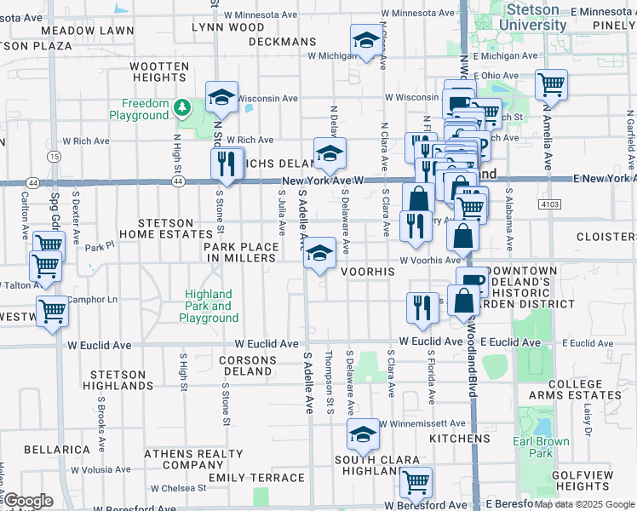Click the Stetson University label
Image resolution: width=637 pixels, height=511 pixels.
535,17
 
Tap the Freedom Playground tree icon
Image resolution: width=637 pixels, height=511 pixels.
181,107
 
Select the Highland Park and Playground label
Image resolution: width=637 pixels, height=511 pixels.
209,307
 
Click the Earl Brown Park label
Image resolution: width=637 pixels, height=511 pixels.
534,448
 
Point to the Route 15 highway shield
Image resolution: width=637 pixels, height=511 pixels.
55,157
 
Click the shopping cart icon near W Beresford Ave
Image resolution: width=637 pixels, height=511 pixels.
416,481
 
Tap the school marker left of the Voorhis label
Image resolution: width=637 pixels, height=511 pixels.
320,252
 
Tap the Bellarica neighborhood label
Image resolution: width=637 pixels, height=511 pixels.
57,449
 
